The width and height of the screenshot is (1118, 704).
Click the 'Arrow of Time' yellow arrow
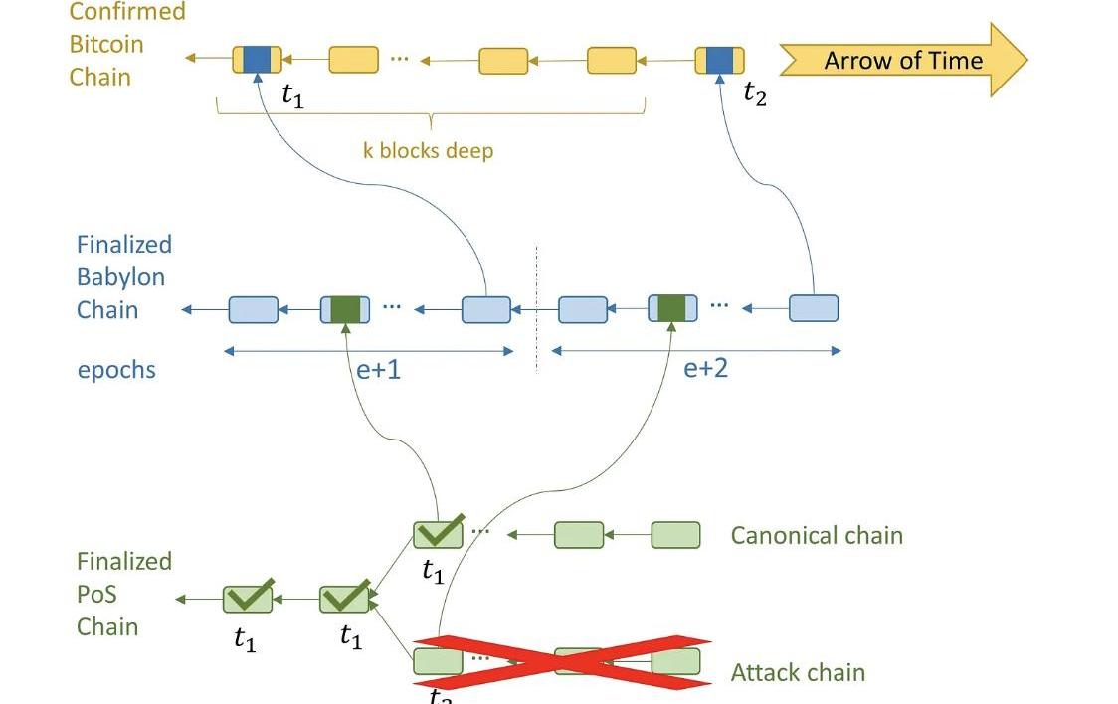point(901,60)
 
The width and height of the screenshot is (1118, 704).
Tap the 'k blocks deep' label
point(428,151)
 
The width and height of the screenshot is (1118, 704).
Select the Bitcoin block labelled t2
point(719,60)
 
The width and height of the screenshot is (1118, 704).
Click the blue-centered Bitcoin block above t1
point(257,60)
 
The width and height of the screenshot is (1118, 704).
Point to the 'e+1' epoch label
point(378,369)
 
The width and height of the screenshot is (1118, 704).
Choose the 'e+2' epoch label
point(705,368)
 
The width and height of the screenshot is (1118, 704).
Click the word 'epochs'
point(116,370)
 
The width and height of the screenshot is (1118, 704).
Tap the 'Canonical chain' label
point(817,535)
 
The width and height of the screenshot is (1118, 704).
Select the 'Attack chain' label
point(798,672)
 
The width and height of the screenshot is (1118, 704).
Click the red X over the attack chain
point(563,661)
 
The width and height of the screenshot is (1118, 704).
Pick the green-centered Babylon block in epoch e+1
point(345,309)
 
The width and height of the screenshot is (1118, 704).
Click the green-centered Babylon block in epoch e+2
point(672,308)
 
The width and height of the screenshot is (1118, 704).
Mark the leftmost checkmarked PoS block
point(248,599)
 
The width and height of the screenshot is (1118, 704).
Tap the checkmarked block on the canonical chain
point(439,534)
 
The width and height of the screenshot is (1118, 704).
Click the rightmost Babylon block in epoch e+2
point(814,308)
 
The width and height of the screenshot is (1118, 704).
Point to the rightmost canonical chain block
point(675,535)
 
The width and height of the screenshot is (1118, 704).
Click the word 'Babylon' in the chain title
point(120,276)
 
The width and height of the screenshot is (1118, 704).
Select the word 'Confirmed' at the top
point(126,12)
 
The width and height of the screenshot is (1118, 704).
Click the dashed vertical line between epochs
point(536,308)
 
